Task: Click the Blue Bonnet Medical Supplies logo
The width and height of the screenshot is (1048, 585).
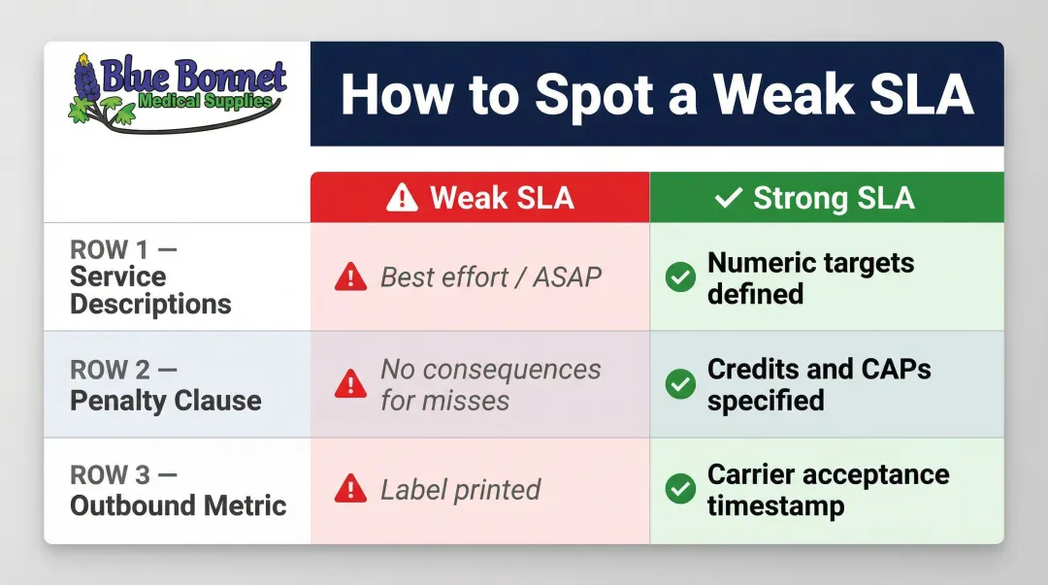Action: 178,93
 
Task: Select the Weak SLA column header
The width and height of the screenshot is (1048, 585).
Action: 480,198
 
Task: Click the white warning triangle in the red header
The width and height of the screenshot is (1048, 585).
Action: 402,198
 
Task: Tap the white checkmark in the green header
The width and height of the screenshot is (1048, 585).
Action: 728,198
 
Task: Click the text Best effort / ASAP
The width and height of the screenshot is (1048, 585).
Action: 490,277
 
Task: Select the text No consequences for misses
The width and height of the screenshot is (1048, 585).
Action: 490,385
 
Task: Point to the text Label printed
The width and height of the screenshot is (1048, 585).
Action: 460,490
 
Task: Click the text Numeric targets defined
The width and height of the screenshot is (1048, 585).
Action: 810,277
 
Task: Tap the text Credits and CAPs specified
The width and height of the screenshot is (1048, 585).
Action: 818,385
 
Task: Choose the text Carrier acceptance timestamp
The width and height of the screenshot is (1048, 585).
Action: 828,490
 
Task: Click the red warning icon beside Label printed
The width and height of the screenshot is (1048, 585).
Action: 349,491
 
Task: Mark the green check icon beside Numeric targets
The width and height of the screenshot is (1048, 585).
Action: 679,277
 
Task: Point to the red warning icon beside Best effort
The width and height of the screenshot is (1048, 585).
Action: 349,278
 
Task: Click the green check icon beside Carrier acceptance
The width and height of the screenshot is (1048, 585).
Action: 679,490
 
